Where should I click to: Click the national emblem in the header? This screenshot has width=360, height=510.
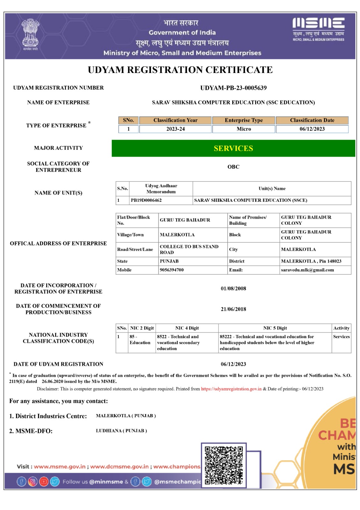click(30, 34)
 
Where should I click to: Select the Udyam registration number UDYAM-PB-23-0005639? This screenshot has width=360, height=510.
click(233, 88)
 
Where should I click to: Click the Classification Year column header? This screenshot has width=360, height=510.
click(175, 120)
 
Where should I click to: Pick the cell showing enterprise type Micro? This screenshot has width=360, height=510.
click(244, 129)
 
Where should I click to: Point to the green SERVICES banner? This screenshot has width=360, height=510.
click(233, 148)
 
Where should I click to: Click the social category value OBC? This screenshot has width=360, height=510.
click(233, 167)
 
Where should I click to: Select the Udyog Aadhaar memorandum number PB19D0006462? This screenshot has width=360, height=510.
click(146, 200)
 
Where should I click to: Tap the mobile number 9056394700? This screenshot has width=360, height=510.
click(171, 270)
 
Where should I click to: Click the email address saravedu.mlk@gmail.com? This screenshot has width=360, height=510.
click(307, 270)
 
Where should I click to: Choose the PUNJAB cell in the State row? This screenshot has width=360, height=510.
click(169, 261)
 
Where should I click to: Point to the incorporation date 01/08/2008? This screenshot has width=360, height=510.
click(233, 288)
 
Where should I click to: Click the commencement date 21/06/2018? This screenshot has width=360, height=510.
click(233, 309)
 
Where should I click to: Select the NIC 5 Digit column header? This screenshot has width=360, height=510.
click(275, 328)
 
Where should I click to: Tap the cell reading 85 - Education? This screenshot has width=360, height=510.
click(140, 339)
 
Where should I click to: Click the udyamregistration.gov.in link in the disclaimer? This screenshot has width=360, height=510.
click(231, 389)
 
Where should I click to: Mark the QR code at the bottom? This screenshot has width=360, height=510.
click(224, 465)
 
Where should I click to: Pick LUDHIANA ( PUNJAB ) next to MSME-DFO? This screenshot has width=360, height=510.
click(121, 431)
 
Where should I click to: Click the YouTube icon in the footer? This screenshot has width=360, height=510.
click(44, 481)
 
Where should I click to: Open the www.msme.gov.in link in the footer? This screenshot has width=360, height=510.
click(60, 467)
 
